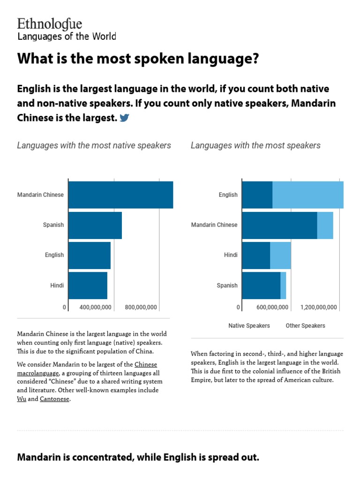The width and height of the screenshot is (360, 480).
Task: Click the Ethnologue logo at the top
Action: pyautogui.click(x=50, y=24)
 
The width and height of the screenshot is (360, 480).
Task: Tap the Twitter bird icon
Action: pyautogui.click(x=124, y=118)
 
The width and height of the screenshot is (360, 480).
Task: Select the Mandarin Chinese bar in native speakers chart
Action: pyautogui.click(x=120, y=195)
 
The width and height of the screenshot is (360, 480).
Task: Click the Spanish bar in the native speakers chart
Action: pyautogui.click(x=95, y=225)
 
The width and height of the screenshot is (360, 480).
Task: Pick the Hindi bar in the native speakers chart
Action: pyautogui.click(x=88, y=285)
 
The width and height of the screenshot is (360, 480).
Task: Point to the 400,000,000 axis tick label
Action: pyautogui.click(x=95, y=307)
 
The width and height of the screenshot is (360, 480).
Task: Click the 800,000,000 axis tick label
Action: pyautogui.click(x=141, y=307)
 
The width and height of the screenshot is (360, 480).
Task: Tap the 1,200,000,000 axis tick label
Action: pyautogui.click(x=319, y=307)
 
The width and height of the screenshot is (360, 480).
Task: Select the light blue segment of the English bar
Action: pyautogui.click(x=307, y=195)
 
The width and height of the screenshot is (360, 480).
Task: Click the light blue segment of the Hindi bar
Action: pyautogui.click(x=280, y=255)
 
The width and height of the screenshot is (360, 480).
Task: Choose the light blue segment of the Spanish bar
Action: pyautogui.click(x=283, y=285)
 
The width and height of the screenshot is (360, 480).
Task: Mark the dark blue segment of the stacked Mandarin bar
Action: pyautogui.click(x=279, y=225)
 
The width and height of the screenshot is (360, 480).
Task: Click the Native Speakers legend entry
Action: pyautogui.click(x=249, y=326)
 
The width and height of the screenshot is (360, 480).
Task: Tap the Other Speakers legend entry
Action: pyautogui.click(x=305, y=326)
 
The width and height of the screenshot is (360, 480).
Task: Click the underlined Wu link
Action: pyautogui.click(x=22, y=399)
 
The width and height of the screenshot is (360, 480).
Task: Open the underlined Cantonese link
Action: pyautogui.click(x=54, y=399)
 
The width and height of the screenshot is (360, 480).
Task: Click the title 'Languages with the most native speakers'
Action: pyautogui.click(x=94, y=145)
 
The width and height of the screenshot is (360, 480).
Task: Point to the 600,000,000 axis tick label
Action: pyautogui.click(x=272, y=307)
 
